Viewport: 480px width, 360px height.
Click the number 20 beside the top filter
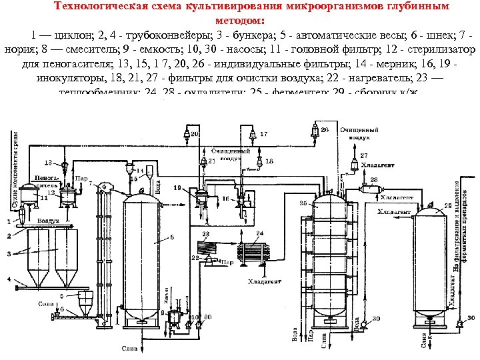pos(195,134)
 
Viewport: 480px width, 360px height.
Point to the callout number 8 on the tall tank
pos(173,237)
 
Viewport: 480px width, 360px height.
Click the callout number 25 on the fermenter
pos(303,202)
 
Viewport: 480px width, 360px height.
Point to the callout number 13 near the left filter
pos(48,162)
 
